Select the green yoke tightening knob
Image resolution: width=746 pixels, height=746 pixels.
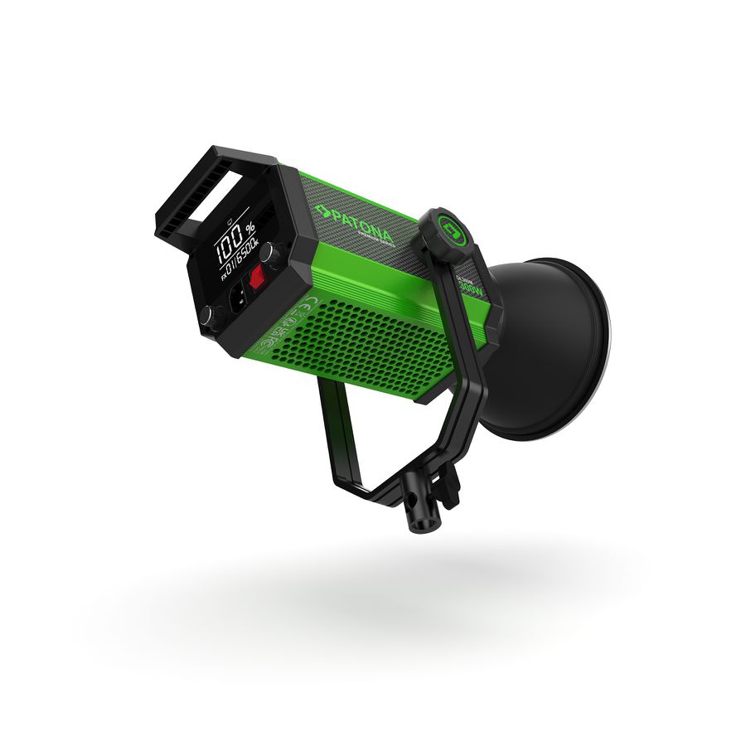(449, 230)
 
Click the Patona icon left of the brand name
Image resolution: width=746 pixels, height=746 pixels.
(322, 211)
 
